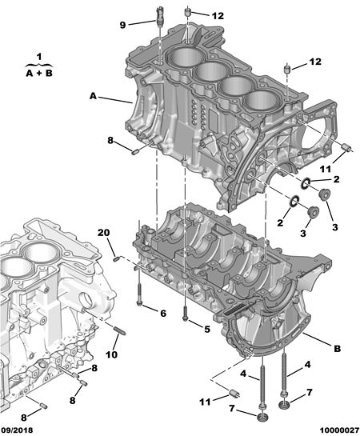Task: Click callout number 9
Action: click(122, 25)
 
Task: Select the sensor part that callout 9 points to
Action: click(159, 17)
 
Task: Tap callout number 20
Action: click(104, 233)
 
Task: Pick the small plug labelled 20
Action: click(117, 259)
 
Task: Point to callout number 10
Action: click(111, 354)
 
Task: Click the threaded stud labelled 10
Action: click(120, 330)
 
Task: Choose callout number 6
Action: click(163, 314)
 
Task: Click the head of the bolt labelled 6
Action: click(139, 303)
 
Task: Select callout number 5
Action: click(207, 330)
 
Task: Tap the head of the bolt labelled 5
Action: click(185, 318)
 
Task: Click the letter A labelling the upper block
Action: click(93, 96)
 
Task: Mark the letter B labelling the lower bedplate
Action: click(338, 349)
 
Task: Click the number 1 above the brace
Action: click(39, 57)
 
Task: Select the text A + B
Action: click(39, 74)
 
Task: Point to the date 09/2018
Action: click(17, 430)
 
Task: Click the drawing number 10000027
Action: click(339, 430)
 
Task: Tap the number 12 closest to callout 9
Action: click(218, 16)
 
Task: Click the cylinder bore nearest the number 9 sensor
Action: click(184, 59)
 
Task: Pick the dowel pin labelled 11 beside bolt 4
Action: click(235, 393)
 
